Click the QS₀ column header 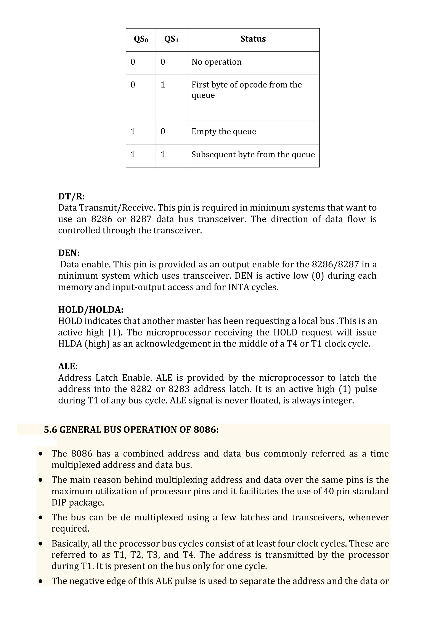click(x=141, y=39)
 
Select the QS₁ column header click(x=171, y=39)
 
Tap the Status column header click(x=253, y=39)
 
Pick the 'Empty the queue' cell click(x=224, y=132)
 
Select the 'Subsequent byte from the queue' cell click(x=253, y=155)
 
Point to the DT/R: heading click(x=71, y=196)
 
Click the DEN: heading click(x=69, y=253)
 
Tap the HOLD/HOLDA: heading click(x=91, y=310)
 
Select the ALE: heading click(x=68, y=366)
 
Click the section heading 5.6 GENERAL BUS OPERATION click(x=131, y=430)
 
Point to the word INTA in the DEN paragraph click(x=238, y=287)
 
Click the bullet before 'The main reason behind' click(x=41, y=480)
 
